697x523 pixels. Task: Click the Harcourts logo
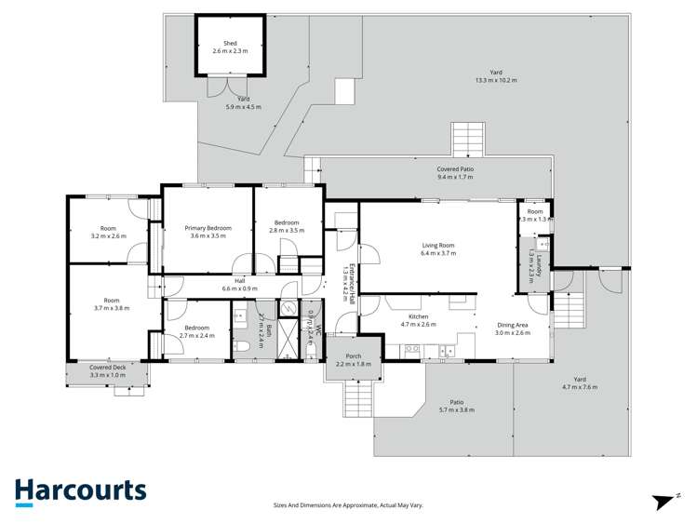(x=80, y=490)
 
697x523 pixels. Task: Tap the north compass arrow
(x=664, y=502)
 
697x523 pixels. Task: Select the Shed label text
(x=229, y=43)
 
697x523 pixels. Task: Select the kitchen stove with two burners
(x=411, y=350)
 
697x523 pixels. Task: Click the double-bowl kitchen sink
(x=448, y=351)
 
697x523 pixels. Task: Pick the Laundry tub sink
(x=542, y=247)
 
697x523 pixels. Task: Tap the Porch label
(x=353, y=356)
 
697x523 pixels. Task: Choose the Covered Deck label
(x=107, y=368)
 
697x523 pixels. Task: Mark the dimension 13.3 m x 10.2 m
(x=495, y=81)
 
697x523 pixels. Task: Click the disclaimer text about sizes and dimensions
(x=348, y=505)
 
